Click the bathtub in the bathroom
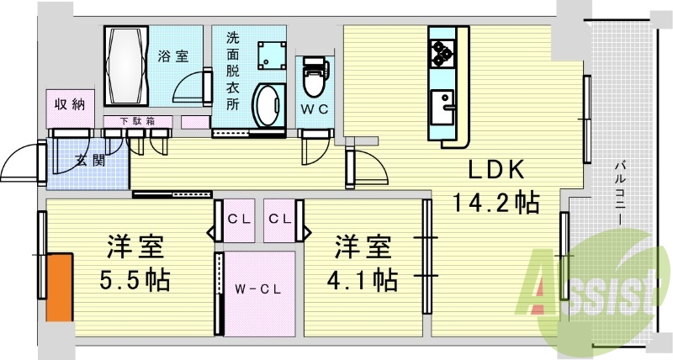(x=126, y=65)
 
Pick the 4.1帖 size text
(x=364, y=278)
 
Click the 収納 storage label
(x=70, y=104)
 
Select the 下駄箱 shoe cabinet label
(x=138, y=121)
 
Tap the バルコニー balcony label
(x=618, y=193)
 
